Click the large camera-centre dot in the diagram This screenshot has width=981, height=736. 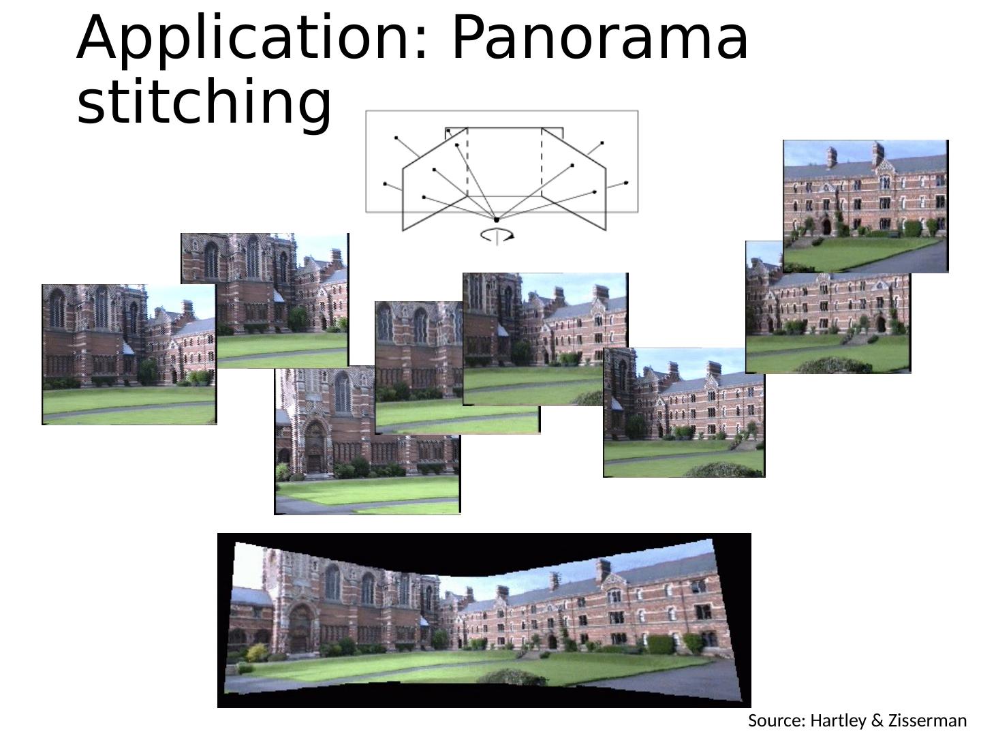point(496,219)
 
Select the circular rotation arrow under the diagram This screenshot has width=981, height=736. point(497,235)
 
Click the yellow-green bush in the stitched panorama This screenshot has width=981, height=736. point(257,653)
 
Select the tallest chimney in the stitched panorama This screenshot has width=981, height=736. point(603,571)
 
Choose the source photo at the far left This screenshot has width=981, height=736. point(129,354)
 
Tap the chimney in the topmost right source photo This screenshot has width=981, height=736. point(878,153)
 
